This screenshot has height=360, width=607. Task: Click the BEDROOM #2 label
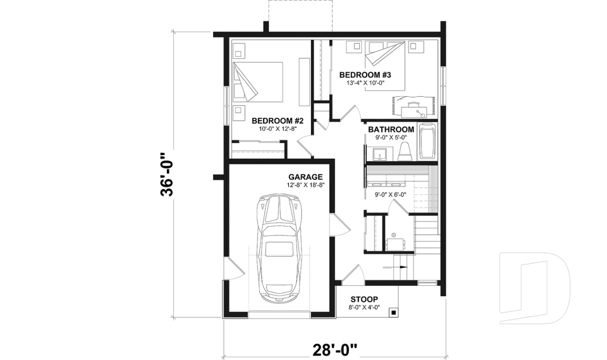coord(278,120)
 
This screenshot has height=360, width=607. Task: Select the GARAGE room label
coord(305,177)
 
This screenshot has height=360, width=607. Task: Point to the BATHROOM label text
coord(391,130)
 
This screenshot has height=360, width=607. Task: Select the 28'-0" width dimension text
coord(334,349)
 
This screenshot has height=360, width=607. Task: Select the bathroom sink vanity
coord(381,154)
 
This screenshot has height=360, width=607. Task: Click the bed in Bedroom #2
coord(257,82)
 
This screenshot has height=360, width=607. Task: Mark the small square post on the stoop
coord(393,312)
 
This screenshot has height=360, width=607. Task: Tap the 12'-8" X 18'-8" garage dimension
coord(305,185)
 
